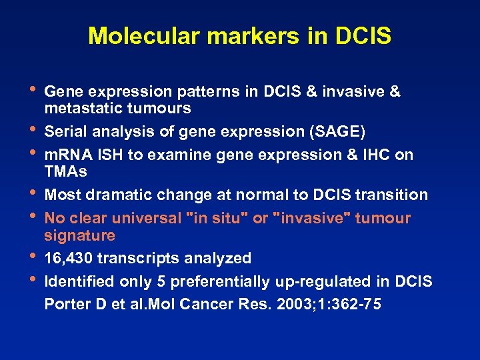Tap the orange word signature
[x=79, y=235]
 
